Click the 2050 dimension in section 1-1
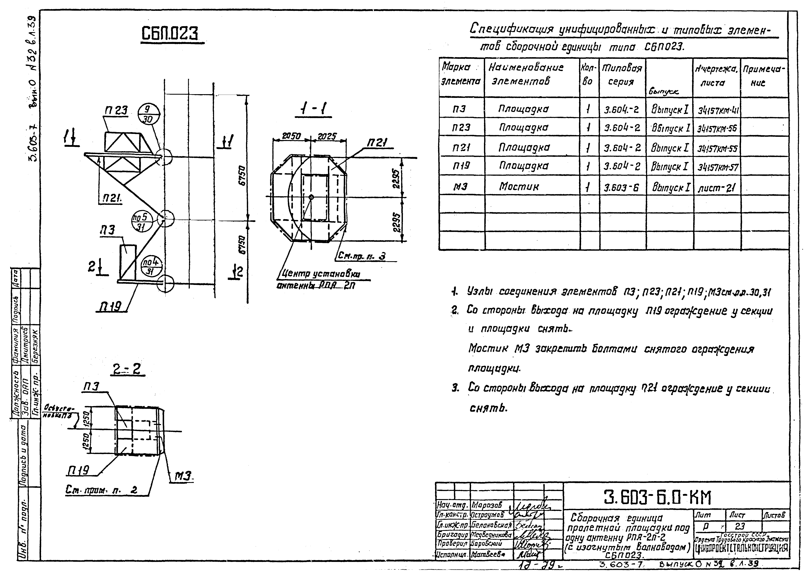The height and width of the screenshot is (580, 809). [x=291, y=136]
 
